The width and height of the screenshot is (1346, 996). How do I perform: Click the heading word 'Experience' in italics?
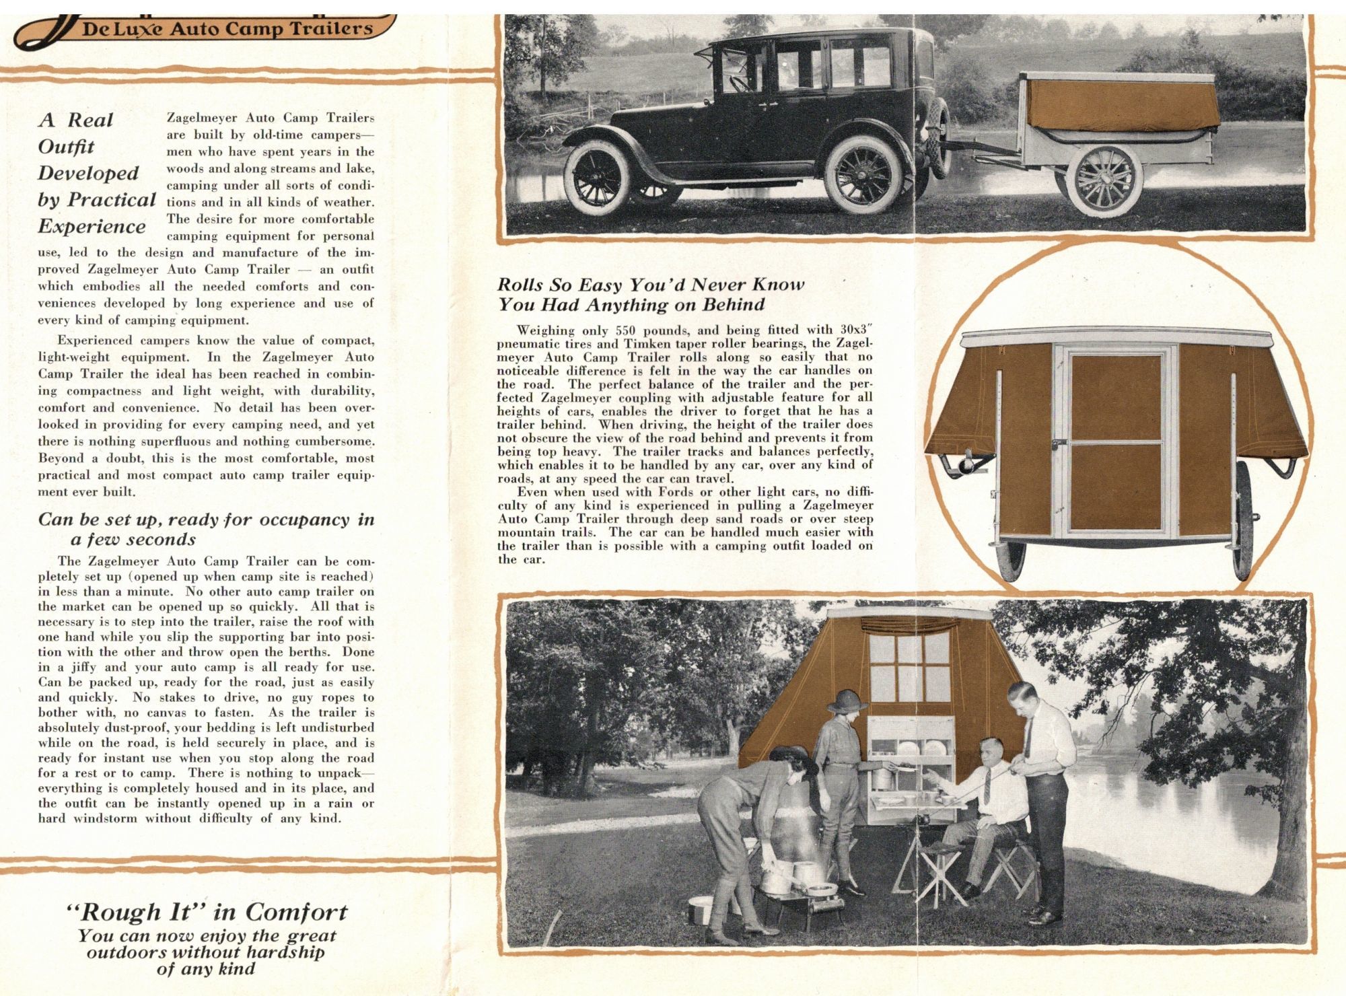click(92, 227)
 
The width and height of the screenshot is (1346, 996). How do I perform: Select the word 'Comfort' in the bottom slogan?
click(296, 913)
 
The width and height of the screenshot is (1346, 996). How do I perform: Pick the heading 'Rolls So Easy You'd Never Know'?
click(651, 285)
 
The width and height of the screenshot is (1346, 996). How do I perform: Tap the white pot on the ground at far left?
click(700, 909)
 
